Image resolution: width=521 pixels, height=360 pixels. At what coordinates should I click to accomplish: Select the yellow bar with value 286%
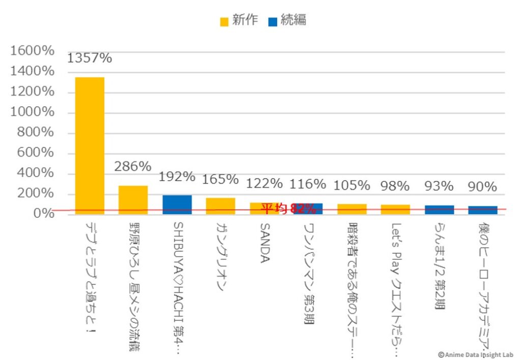pyautogui.click(x=133, y=199)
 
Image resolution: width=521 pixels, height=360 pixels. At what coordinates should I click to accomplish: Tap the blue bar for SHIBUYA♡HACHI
pyautogui.click(x=177, y=204)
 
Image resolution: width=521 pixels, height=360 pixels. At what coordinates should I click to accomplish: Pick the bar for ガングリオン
pyautogui.click(x=220, y=205)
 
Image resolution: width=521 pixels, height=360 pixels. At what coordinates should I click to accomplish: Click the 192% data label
pyautogui.click(x=177, y=177)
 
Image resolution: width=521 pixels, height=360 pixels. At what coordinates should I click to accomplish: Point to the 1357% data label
pyautogui.click(x=90, y=58)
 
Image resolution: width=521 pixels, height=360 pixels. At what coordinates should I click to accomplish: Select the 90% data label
pyautogui.click(x=482, y=187)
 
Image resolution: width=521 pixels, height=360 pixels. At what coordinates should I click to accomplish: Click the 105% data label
pyautogui.click(x=352, y=186)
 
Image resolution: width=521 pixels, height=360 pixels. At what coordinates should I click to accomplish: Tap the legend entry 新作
pyautogui.click(x=239, y=20)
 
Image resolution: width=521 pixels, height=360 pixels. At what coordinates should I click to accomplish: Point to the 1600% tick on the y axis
pyautogui.click(x=32, y=51)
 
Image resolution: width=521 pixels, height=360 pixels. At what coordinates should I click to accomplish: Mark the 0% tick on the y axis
pyautogui.click(x=44, y=214)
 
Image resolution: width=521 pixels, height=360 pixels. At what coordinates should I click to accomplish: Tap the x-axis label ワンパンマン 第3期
pyautogui.click(x=308, y=272)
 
